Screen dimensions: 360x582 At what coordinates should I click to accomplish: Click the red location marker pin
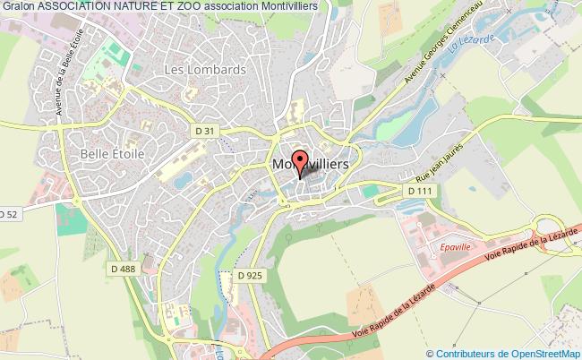point(299,160)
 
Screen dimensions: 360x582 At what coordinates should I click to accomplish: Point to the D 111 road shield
point(418,191)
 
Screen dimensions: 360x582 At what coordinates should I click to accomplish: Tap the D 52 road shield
point(8,214)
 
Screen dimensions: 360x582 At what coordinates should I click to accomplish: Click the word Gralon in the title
point(18,6)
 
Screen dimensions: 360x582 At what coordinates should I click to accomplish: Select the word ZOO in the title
point(184,6)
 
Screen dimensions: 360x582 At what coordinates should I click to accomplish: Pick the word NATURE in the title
point(131,6)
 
